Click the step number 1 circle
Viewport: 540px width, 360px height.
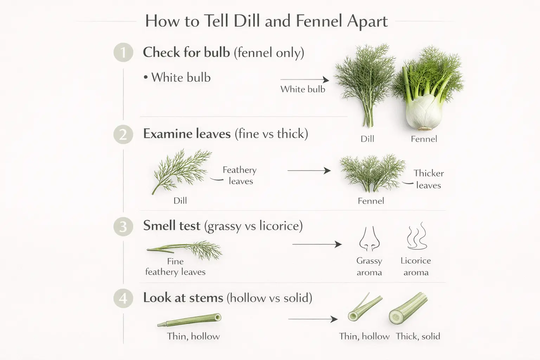pyautogui.click(x=123, y=53)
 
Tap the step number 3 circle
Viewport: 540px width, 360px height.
pyautogui.click(x=123, y=226)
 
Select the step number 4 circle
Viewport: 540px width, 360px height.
pyautogui.click(x=123, y=298)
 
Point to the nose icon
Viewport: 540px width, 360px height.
pyautogui.click(x=369, y=239)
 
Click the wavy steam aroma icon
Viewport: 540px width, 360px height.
pyautogui.click(x=417, y=236)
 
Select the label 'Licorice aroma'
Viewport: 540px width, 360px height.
pyautogui.click(x=416, y=266)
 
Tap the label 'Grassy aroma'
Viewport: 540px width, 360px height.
pyautogui.click(x=369, y=266)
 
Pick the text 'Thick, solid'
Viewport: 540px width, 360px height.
pyautogui.click(x=418, y=336)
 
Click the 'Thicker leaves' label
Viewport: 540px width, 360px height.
pyautogui.click(x=428, y=179)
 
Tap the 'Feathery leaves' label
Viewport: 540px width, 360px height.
pyautogui.click(x=240, y=175)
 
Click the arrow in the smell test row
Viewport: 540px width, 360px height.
pyautogui.click(x=317, y=244)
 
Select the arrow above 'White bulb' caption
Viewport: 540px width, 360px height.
pyautogui.click(x=304, y=80)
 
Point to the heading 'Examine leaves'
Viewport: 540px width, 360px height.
pyautogui.click(x=187, y=134)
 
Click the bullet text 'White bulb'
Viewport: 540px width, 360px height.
pyautogui.click(x=181, y=78)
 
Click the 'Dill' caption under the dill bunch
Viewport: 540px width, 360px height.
pyautogui.click(x=367, y=139)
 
